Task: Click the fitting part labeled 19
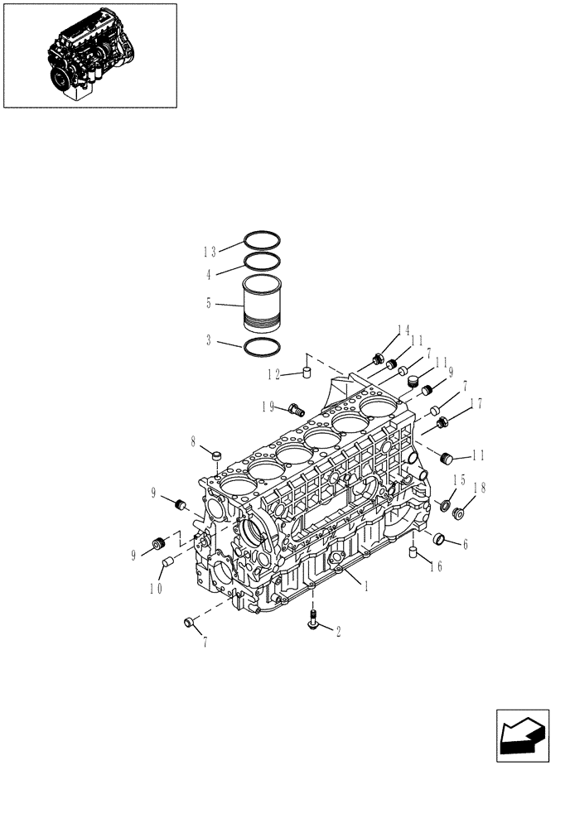(296, 408)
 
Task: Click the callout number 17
(476, 405)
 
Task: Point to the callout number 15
(459, 480)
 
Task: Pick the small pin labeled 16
(411, 552)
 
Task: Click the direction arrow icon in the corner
(519, 734)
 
